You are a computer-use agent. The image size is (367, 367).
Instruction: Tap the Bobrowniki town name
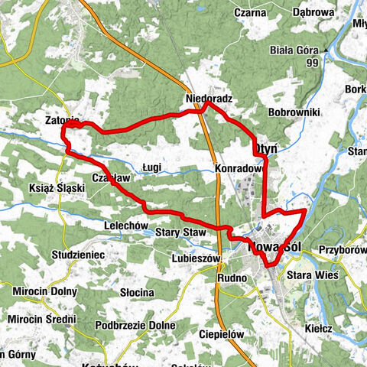(x=294, y=112)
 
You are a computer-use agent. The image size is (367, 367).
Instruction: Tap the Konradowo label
(x=239, y=169)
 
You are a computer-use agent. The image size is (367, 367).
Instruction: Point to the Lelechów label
(x=125, y=226)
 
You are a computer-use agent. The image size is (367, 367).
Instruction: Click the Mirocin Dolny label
(x=44, y=291)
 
